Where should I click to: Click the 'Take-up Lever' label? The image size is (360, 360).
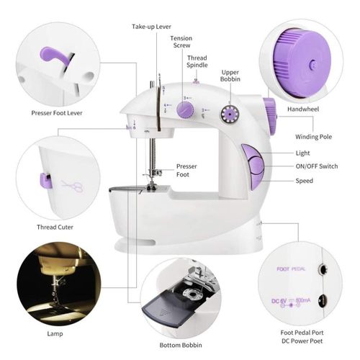click(x=152, y=27)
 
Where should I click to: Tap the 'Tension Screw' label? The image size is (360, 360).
click(x=181, y=42)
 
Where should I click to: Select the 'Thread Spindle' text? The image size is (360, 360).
click(x=197, y=62)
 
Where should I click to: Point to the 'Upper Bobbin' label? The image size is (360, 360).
click(x=230, y=76)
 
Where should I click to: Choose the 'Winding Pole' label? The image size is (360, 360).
click(x=314, y=137)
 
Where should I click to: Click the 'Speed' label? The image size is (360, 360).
click(x=304, y=181)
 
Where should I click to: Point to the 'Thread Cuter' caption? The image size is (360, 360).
click(x=57, y=228)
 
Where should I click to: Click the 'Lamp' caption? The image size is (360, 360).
click(x=56, y=334)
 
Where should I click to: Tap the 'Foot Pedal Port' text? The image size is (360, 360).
click(x=307, y=332)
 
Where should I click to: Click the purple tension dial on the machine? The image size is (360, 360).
click(x=184, y=109)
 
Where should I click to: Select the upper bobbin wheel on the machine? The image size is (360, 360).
click(x=230, y=113)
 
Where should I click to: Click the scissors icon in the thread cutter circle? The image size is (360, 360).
click(x=71, y=186)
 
